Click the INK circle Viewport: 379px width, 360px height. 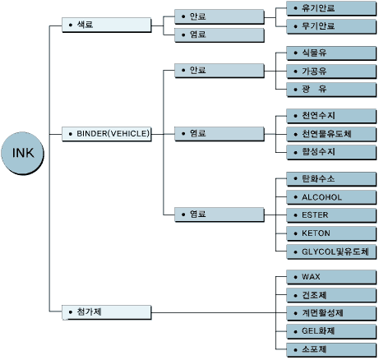22,153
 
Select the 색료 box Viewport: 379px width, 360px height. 107,25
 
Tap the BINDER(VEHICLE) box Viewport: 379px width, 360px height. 107,134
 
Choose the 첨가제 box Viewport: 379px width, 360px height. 107,312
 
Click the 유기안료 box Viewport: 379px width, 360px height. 331,8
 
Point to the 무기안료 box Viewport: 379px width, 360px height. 331,26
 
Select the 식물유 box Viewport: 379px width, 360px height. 331,53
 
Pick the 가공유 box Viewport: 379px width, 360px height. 331,72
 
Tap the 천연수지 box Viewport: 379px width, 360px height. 331,116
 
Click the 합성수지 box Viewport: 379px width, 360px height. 331,152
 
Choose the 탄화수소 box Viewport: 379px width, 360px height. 331,179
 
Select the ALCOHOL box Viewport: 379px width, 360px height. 331,197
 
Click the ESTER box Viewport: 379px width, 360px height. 331,215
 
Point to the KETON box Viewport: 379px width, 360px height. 331,233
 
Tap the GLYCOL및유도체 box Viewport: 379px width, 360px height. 331,252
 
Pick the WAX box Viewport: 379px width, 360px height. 331,277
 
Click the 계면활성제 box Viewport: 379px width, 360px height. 331,313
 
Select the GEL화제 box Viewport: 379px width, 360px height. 331,331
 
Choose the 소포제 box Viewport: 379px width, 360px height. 331,349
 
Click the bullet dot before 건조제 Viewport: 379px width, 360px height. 295,295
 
